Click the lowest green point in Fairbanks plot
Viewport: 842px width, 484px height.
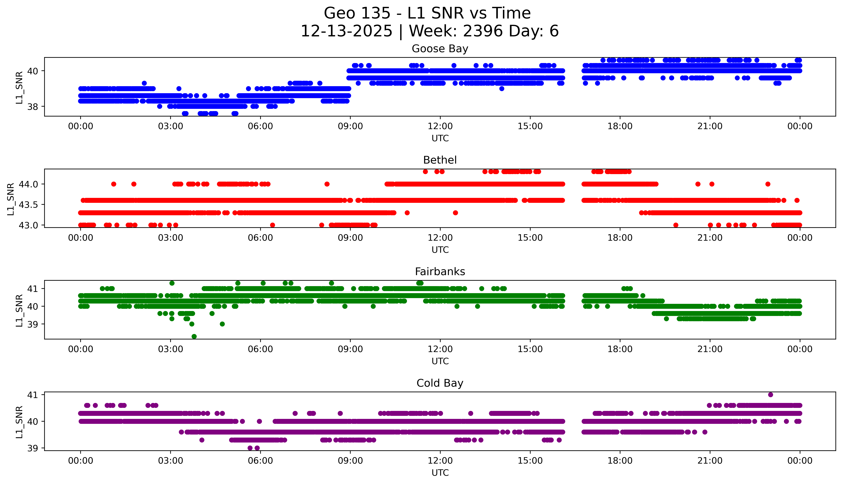point(194,336)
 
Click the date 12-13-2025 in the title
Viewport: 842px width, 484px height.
point(346,31)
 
